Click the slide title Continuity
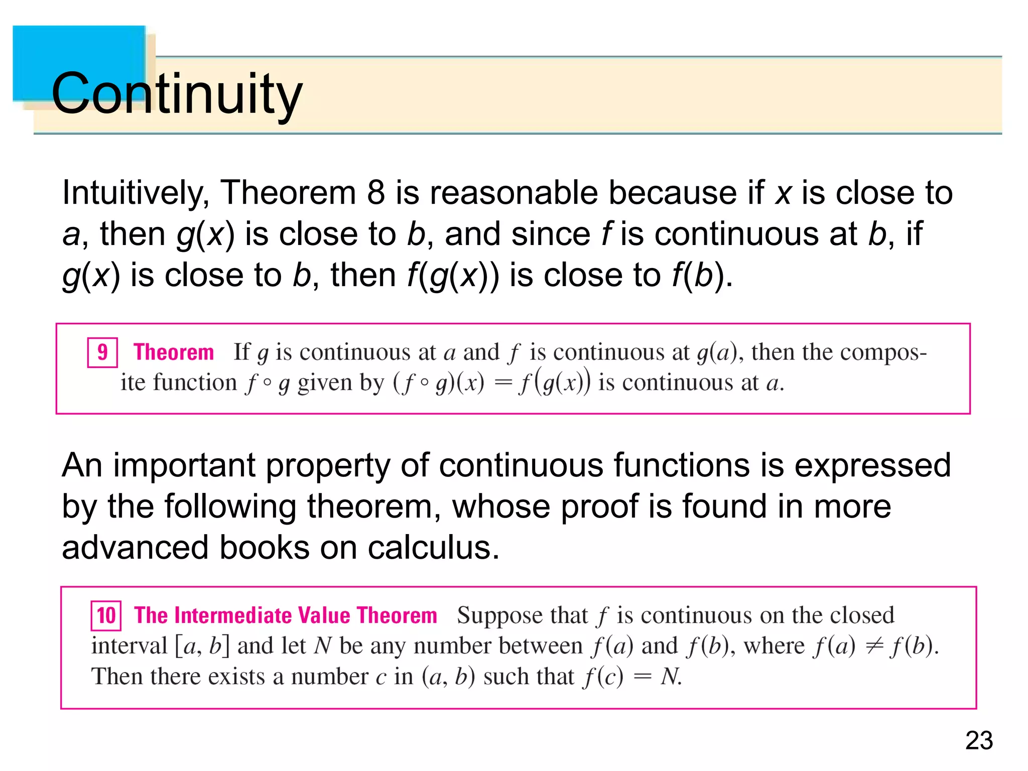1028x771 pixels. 177,93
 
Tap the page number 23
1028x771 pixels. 979,740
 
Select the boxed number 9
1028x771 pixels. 102,352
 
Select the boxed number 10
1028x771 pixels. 106,616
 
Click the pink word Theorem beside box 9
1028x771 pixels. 174,352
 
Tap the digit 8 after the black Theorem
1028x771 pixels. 375,192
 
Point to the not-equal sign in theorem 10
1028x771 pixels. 874,646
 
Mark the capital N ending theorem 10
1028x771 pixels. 670,677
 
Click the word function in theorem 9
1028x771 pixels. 195,382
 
